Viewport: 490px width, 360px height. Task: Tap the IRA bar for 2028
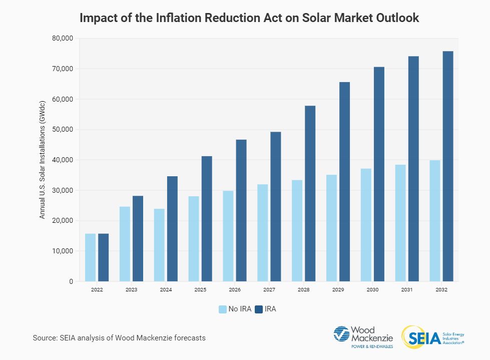point(310,193)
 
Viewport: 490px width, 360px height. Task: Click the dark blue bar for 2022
point(103,257)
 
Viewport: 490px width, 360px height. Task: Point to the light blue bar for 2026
point(228,236)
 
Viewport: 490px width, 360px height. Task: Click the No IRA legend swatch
point(222,309)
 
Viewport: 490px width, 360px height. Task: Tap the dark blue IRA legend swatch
point(259,309)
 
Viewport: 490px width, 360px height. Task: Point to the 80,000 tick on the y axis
point(63,39)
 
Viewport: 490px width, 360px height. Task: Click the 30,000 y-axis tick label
point(63,190)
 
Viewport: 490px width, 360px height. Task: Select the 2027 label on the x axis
point(269,290)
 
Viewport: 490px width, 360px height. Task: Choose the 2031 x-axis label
point(407,290)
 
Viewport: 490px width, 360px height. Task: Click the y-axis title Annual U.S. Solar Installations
point(43,160)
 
